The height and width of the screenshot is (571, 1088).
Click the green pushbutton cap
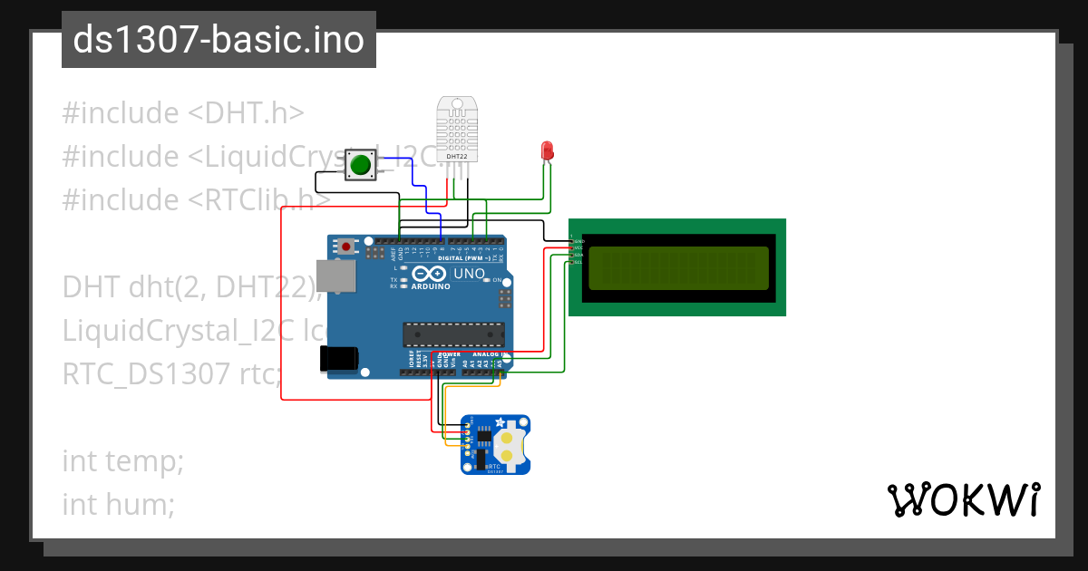(x=361, y=165)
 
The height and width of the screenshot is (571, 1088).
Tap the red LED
(x=547, y=150)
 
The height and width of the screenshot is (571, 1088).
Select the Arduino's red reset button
(x=345, y=245)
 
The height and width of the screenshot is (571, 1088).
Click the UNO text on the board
(x=469, y=273)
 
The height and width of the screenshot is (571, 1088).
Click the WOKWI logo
(x=963, y=499)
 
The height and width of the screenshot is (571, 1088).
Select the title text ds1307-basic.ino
(x=219, y=40)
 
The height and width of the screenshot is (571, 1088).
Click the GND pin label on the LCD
(x=579, y=241)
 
